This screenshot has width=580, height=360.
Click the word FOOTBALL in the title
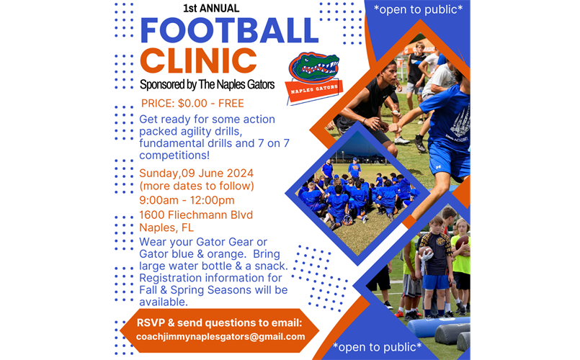coord(229,30)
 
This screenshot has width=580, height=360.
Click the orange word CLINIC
coord(198,61)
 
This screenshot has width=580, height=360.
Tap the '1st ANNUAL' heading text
coord(211,9)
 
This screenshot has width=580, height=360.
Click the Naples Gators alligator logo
coord(313,72)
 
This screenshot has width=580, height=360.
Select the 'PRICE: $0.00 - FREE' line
coord(192,103)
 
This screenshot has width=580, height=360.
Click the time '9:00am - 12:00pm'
coord(187,200)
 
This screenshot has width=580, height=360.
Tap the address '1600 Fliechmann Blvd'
coord(196,215)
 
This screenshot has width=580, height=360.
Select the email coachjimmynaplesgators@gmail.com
coord(210,336)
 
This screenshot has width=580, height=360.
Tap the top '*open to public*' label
coord(418,9)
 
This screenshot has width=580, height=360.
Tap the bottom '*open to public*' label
coord(378,348)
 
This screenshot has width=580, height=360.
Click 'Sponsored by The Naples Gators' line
coord(208,85)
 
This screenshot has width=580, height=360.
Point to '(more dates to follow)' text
coord(197,186)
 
